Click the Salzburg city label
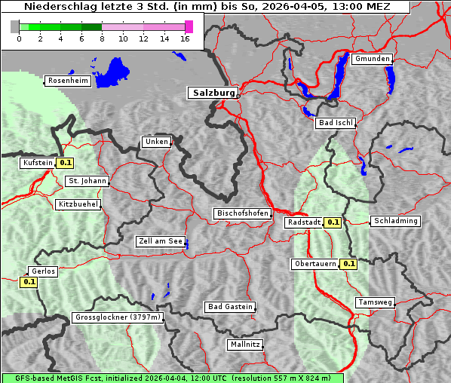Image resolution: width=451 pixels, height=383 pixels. pyautogui.click(x=212, y=93)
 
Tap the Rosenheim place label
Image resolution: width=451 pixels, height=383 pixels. pyautogui.click(x=68, y=81)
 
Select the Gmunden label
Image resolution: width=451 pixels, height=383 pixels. pyautogui.click(x=373, y=59)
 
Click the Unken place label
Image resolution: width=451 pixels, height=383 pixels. pyautogui.click(x=156, y=142)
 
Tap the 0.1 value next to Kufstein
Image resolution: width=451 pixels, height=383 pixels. pyautogui.click(x=66, y=162)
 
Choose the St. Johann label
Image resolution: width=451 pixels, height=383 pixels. pyautogui.click(x=87, y=181)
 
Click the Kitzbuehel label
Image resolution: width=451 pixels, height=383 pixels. pyautogui.click(x=78, y=204)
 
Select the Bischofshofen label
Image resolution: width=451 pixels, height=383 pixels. pyautogui.click(x=242, y=214)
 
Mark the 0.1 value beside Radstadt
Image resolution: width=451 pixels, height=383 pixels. pyautogui.click(x=333, y=222)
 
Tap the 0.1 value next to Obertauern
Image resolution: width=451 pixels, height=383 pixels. pyautogui.click(x=348, y=264)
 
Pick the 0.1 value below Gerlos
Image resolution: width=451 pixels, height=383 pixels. pyautogui.click(x=29, y=282)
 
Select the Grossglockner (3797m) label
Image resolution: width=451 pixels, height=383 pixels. pyautogui.click(x=118, y=318)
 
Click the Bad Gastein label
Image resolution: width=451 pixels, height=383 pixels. pyautogui.click(x=230, y=307)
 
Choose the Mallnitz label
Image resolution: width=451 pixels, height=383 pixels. pyautogui.click(x=245, y=345)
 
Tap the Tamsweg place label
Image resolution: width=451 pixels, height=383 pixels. pyautogui.click(x=375, y=302)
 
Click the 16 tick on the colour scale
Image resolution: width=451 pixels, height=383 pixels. pyautogui.click(x=186, y=38)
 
